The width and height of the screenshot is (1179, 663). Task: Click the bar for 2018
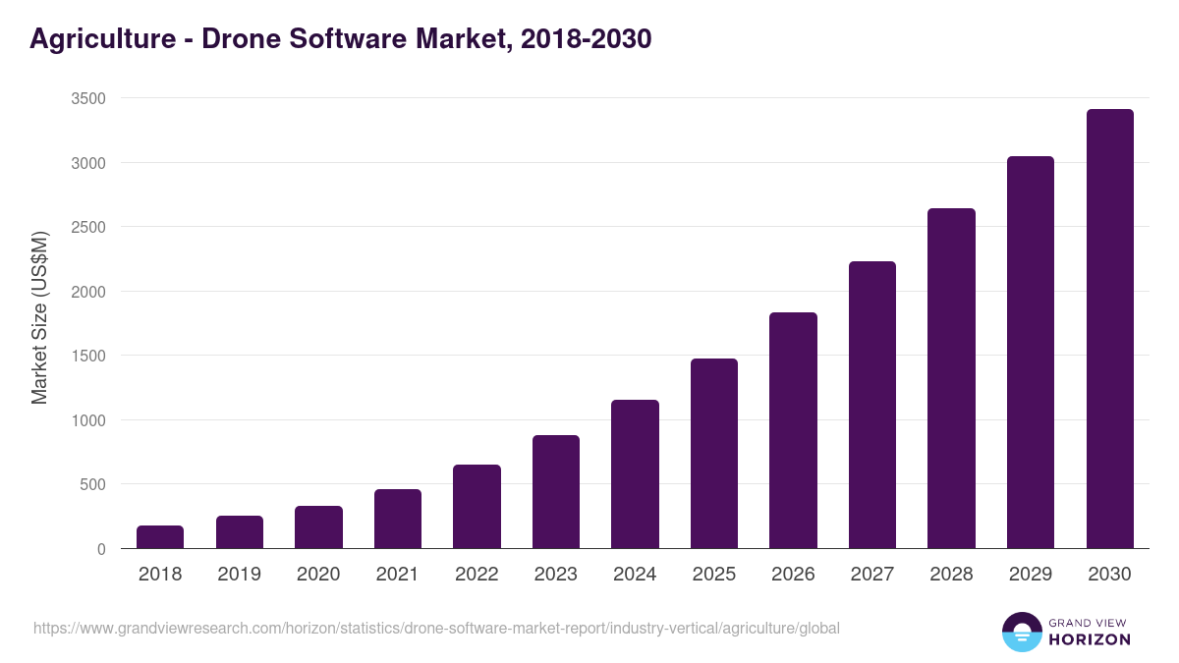click(160, 537)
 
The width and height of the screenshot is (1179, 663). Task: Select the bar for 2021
click(398, 519)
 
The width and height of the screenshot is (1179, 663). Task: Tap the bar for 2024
click(635, 474)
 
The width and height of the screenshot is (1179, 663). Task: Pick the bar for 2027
click(872, 405)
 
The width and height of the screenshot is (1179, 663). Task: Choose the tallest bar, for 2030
click(1109, 329)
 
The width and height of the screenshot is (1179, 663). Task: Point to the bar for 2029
click(1031, 353)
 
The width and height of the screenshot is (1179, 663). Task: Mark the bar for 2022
click(477, 507)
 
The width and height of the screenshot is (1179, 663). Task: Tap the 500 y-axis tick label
click(92, 484)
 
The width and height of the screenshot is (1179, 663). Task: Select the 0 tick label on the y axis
click(101, 549)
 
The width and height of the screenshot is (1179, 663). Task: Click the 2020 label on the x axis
click(318, 575)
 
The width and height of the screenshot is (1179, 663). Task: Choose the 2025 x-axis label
click(714, 575)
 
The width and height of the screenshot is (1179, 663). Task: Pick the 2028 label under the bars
click(951, 575)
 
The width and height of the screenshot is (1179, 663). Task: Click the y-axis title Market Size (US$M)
click(39, 318)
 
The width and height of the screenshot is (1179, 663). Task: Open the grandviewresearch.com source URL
click(436, 628)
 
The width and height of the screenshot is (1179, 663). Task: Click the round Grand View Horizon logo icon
click(1021, 632)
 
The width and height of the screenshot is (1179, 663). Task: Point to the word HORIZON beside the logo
click(1091, 639)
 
